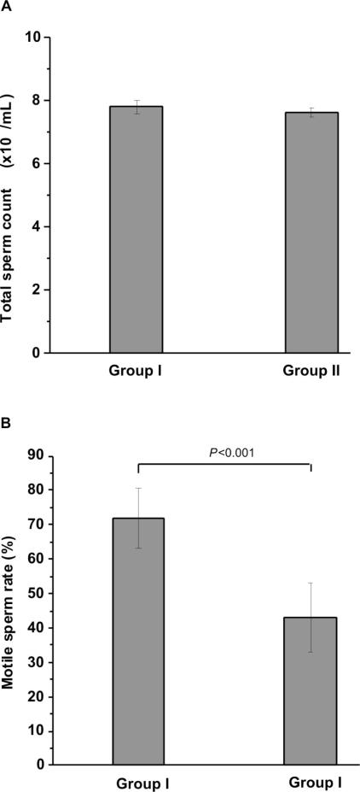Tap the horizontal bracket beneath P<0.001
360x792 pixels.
224,465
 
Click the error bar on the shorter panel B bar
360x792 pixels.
311,599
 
